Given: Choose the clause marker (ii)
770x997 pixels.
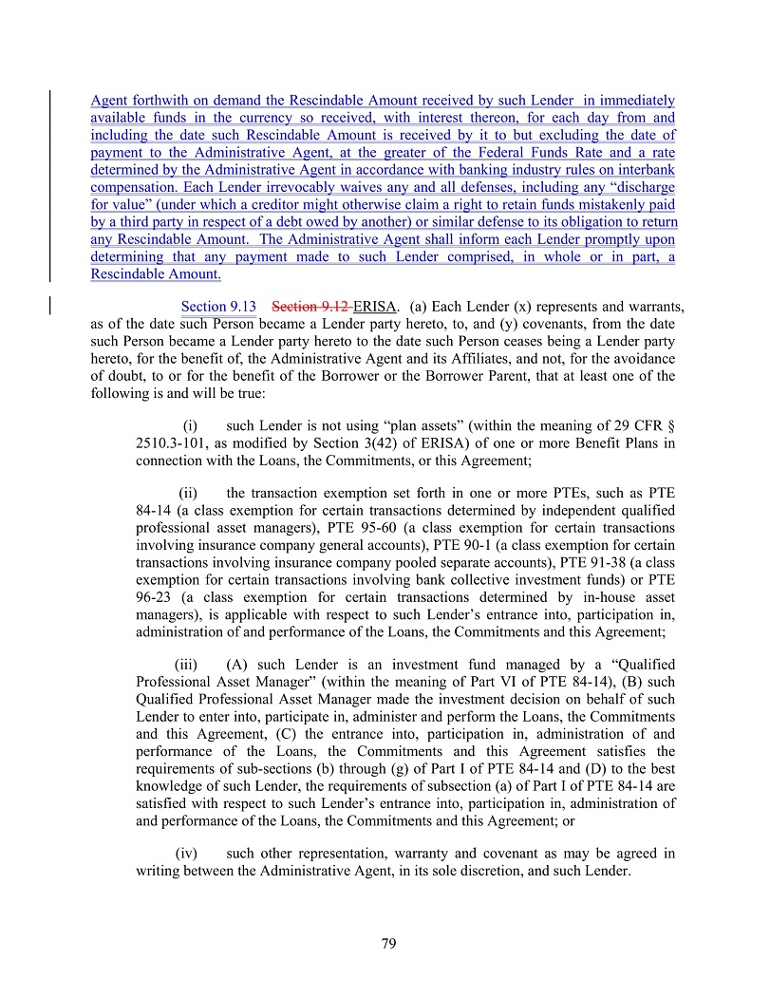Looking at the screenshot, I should pos(188,493).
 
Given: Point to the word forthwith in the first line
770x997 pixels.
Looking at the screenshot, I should pos(157,101).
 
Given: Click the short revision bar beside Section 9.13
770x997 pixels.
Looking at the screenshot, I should pos(50,306).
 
